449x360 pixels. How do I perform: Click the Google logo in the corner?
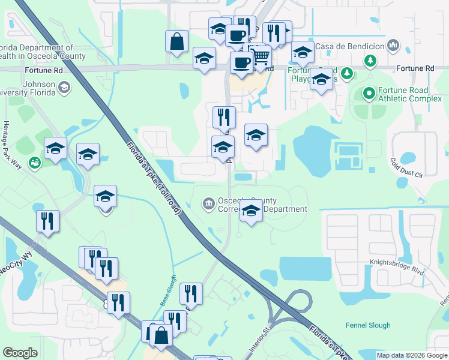tap(20, 353)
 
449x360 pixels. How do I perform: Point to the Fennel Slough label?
tap(368, 326)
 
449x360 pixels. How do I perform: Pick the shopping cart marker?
tap(261, 57)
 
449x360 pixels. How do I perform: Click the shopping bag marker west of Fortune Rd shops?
tap(176, 41)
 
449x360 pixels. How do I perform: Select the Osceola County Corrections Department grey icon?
tap(208, 203)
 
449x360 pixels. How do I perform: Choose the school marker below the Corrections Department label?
tap(251, 211)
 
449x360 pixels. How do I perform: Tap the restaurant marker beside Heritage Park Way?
tap(47, 221)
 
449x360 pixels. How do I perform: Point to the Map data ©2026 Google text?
tap(411, 355)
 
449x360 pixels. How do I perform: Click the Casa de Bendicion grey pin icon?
tap(393, 45)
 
